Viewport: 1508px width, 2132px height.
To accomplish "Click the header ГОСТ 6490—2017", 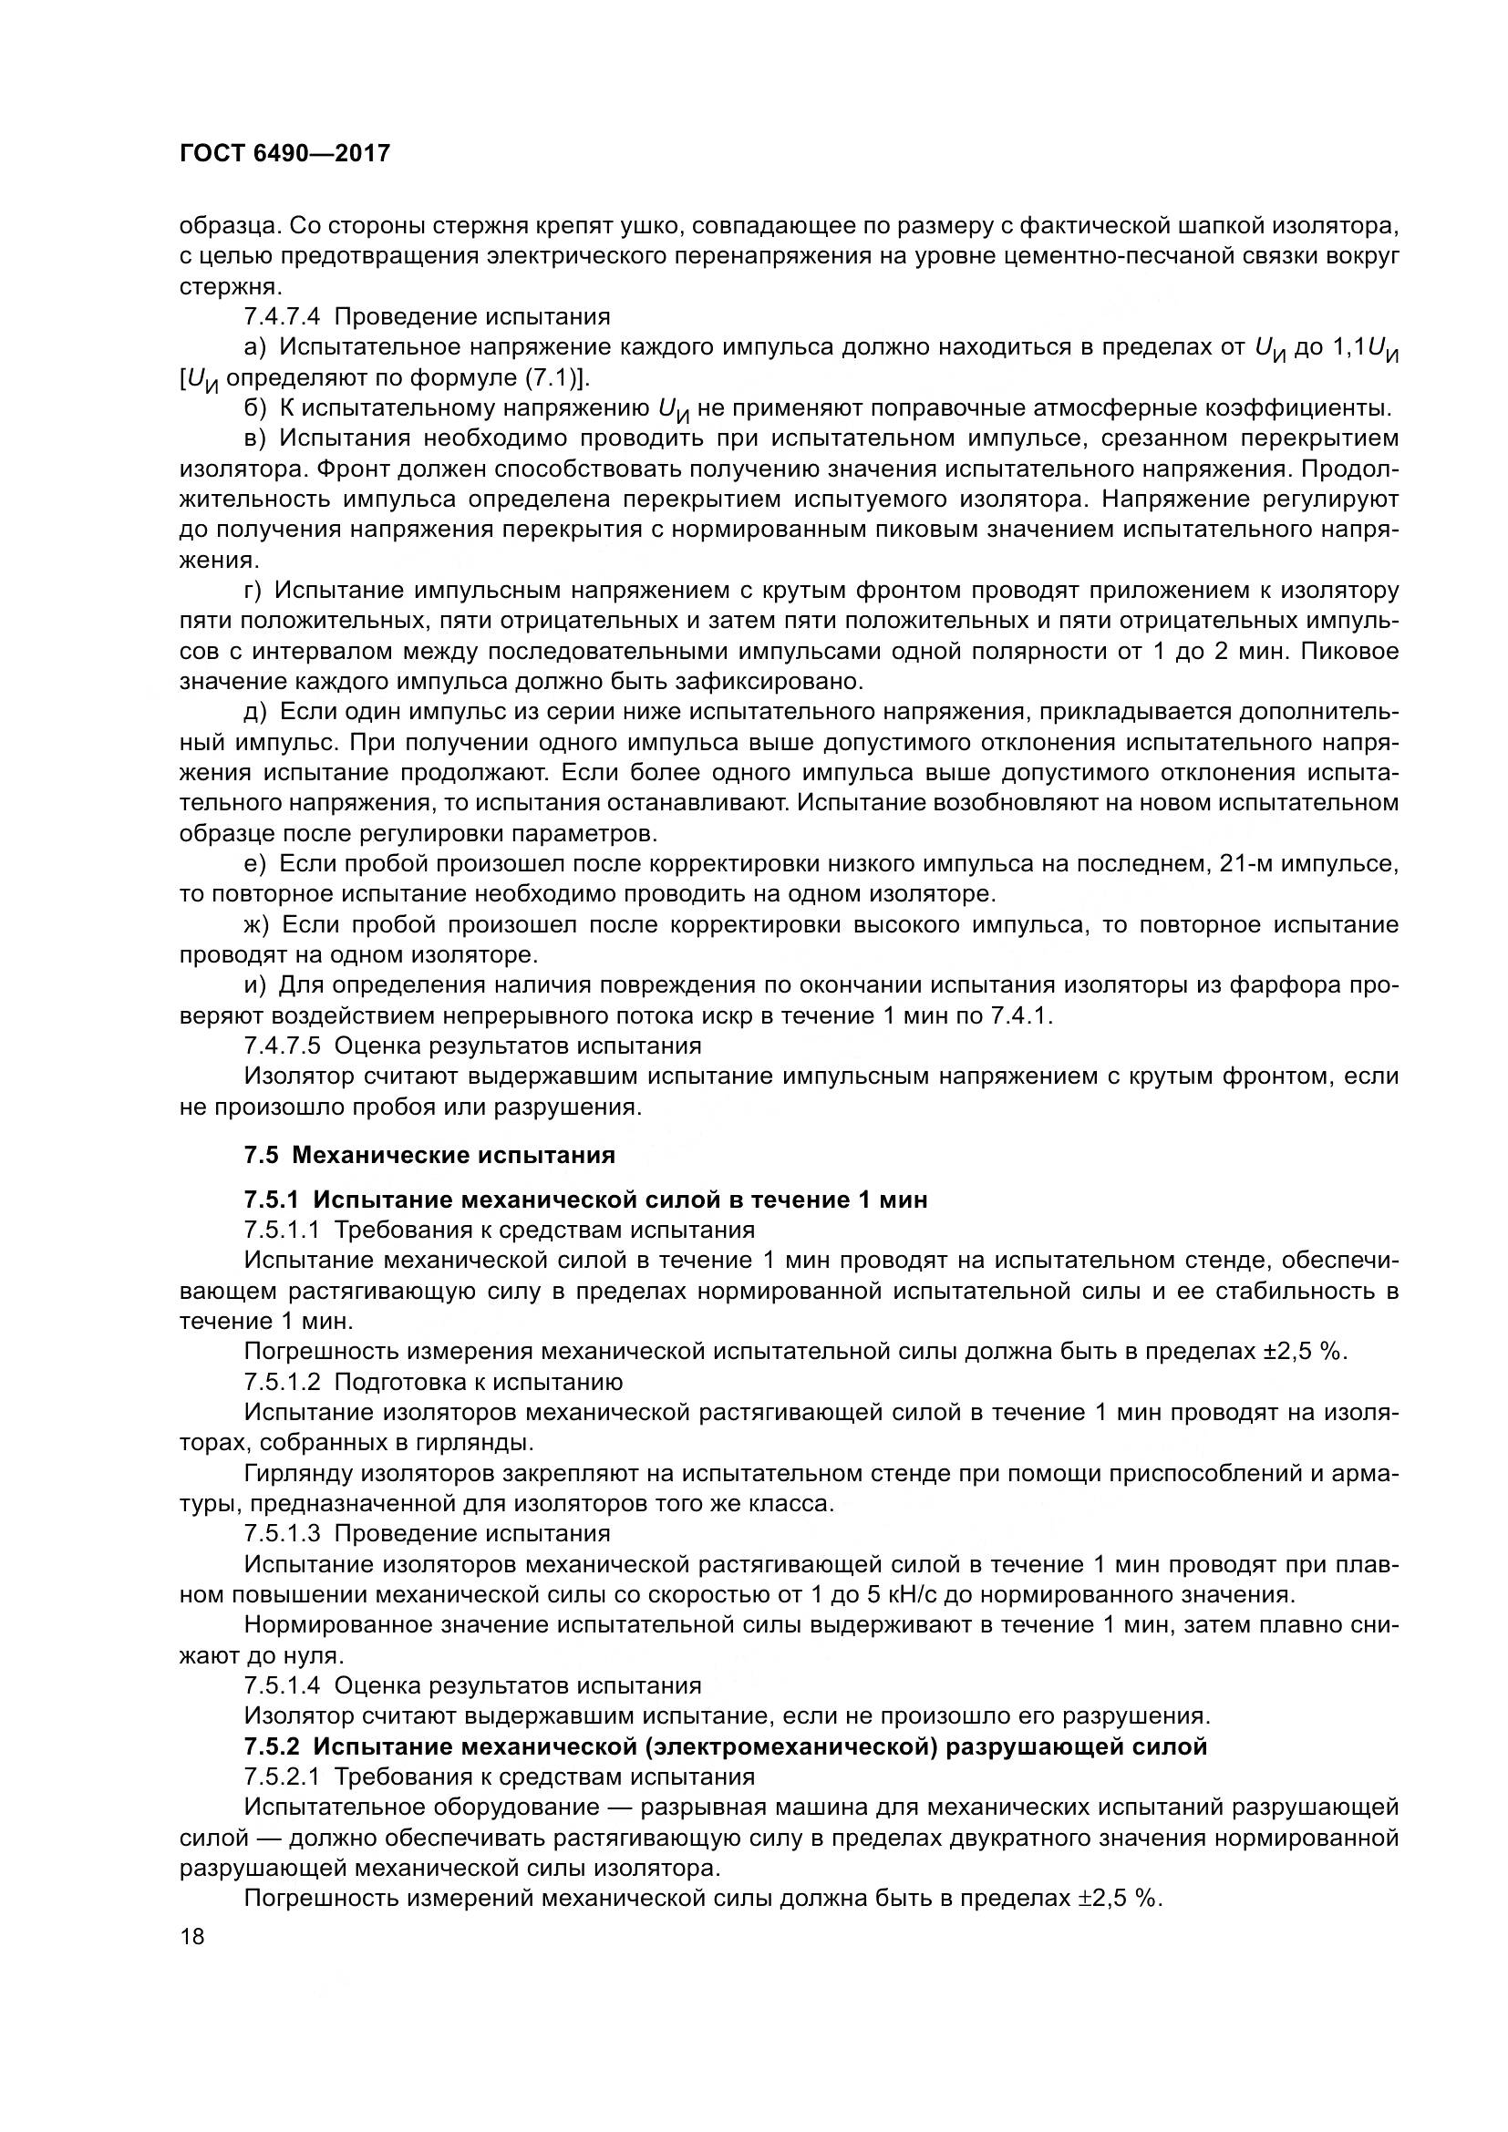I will (x=285, y=154).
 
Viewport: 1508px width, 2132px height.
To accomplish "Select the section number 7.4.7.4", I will (x=282, y=316).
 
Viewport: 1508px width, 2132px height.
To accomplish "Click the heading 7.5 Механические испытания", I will (x=429, y=1154).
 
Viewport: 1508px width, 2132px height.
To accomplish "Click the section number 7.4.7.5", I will (x=282, y=1045).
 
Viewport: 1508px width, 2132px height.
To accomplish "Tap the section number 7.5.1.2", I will (x=282, y=1382).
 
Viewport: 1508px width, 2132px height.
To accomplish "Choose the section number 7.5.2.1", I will (x=282, y=1777).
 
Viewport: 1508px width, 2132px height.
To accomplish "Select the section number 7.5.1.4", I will (x=282, y=1685).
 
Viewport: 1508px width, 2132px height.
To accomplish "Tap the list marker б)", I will (x=254, y=408).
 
